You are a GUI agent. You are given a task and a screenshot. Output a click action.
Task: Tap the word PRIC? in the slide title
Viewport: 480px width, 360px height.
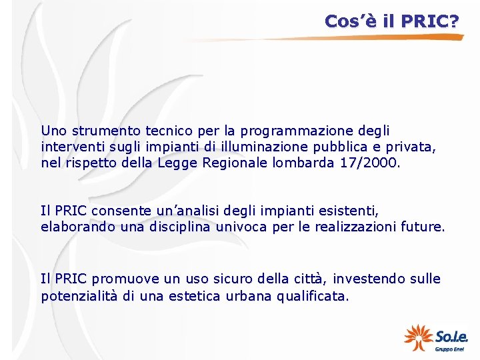(x=431, y=21)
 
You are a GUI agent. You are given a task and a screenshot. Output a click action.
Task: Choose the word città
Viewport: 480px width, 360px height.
(x=300, y=279)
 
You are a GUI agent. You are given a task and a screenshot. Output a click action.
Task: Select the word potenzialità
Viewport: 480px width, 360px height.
(x=79, y=295)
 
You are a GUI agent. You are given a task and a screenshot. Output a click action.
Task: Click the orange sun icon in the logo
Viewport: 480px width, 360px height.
(x=418, y=337)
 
